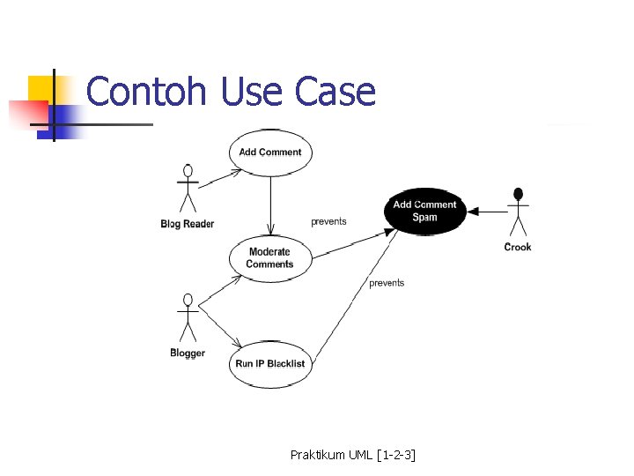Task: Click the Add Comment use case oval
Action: click(270, 152)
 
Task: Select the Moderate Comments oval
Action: click(270, 257)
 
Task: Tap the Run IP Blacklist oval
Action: click(270, 363)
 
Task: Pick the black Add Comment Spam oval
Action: click(424, 211)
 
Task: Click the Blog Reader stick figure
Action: click(187, 189)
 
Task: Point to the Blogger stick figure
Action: click(187, 319)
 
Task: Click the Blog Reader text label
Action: click(188, 224)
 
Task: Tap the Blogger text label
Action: click(188, 353)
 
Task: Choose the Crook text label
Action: click(518, 247)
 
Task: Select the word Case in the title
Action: click(335, 92)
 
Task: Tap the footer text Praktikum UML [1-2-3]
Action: click(352, 455)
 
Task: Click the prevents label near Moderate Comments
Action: click(328, 222)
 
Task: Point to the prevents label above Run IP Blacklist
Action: click(387, 283)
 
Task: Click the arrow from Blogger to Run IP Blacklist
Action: click(220, 326)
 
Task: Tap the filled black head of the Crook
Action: click(518, 194)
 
